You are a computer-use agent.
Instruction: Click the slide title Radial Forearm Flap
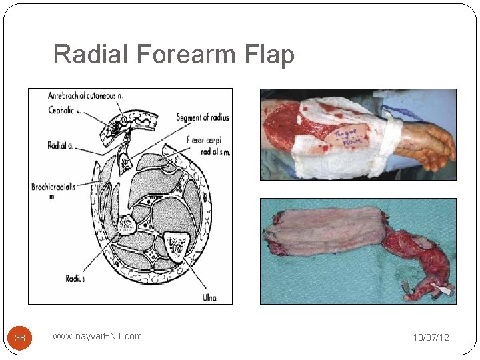[x=173, y=54]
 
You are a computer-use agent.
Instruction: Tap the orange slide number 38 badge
[x=20, y=338]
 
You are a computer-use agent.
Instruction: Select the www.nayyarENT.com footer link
[x=97, y=336]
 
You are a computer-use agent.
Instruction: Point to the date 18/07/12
[x=431, y=337]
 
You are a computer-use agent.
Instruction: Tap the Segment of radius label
[x=202, y=118]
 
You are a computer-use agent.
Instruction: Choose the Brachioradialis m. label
[x=53, y=191]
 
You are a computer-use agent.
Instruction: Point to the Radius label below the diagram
[x=75, y=279]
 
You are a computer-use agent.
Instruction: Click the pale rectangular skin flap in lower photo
[x=323, y=231]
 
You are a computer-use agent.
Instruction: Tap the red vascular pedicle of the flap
[x=417, y=257]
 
